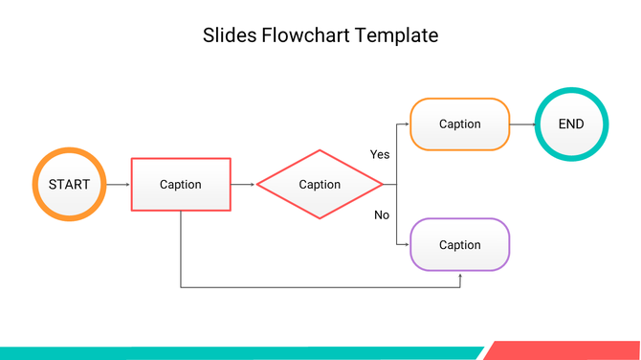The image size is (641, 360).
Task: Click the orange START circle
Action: tap(69, 184)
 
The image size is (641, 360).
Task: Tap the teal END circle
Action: tap(571, 124)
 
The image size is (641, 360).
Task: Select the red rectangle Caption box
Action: tap(181, 184)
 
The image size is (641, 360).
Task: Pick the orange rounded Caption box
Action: tap(459, 124)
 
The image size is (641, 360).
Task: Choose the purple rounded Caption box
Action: tap(459, 245)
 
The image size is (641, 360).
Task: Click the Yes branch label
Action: tap(380, 154)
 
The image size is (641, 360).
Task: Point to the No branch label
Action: tap(381, 214)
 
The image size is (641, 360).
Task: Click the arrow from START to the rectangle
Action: tap(118, 184)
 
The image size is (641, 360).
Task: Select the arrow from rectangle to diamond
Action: tap(243, 184)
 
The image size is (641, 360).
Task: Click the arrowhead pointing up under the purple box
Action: tap(460, 276)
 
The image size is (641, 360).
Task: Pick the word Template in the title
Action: tap(397, 35)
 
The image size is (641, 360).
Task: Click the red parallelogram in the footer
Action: tap(564, 350)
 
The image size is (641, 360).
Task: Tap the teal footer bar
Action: tap(239, 353)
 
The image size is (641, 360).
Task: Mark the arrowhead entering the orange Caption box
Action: tap(406, 124)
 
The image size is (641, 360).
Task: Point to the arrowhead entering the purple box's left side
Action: tap(406, 245)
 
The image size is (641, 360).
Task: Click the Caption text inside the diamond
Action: tap(320, 186)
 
